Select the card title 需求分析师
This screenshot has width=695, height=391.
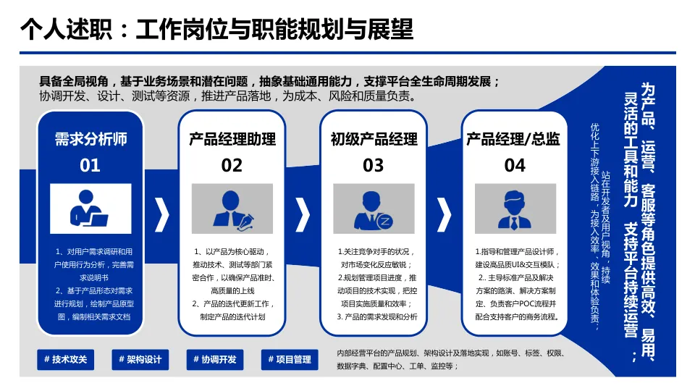coord(90,138)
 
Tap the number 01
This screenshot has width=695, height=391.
coord(90,165)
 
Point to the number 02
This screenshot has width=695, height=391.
coord(232,165)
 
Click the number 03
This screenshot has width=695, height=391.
coord(373,165)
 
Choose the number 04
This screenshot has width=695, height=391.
coord(515,165)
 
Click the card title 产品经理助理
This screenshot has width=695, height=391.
coord(232,138)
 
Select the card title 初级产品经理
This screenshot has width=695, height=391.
coord(374,138)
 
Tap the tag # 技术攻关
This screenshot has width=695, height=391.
coord(65,359)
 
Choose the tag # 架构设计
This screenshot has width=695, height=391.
coord(140,359)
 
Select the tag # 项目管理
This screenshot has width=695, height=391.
coord(289,359)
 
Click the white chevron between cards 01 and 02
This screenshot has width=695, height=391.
coord(162,214)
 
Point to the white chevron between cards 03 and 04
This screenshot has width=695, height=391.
coord(445,214)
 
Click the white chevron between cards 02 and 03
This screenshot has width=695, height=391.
coord(303,214)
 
